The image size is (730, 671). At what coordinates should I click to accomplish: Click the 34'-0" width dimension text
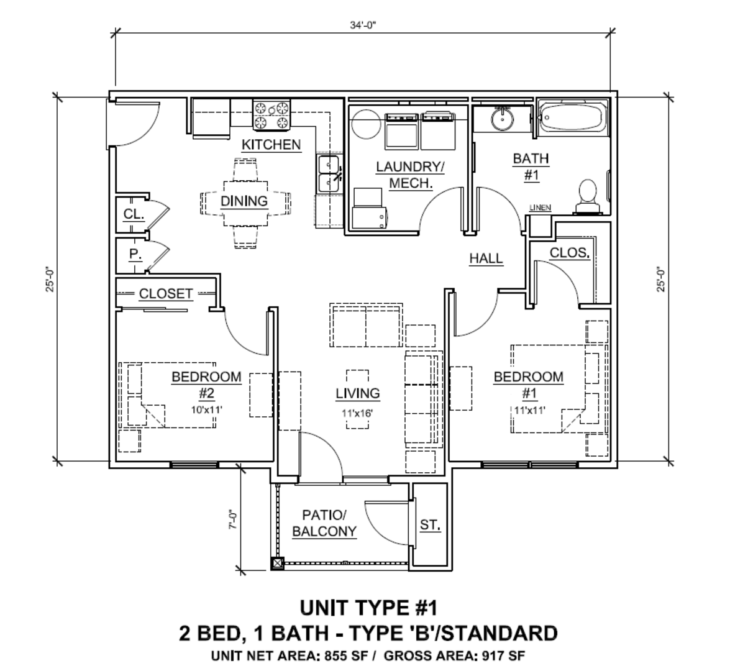[x=363, y=25]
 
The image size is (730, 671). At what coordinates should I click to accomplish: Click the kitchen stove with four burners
[x=271, y=114]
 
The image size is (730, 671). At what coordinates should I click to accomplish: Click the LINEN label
[x=540, y=208]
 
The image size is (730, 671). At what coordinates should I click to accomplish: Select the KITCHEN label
[x=271, y=145]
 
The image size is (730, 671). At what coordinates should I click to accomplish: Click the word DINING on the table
[x=244, y=201]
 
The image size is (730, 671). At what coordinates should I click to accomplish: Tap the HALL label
[x=486, y=258]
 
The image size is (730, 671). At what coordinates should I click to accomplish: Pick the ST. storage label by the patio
[x=430, y=525]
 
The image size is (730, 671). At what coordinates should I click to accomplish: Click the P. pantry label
[x=135, y=254]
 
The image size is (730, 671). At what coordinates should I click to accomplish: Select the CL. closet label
[x=134, y=214]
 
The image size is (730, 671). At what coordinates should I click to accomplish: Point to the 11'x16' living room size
[x=358, y=413]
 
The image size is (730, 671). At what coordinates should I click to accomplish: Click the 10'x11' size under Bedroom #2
[x=206, y=410]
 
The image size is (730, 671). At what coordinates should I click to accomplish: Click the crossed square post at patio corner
[x=278, y=564]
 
